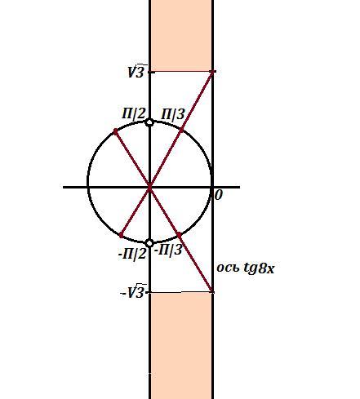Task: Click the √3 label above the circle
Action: (137, 71)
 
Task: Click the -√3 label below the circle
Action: (132, 293)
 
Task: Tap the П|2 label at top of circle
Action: (134, 113)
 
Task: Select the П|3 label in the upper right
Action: (173, 114)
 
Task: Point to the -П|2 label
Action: (132, 255)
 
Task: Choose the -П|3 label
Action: (168, 250)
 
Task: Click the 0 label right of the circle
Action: (219, 195)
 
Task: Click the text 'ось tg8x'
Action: (246, 268)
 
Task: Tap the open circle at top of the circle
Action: (149, 122)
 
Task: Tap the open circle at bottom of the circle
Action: (149, 243)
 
